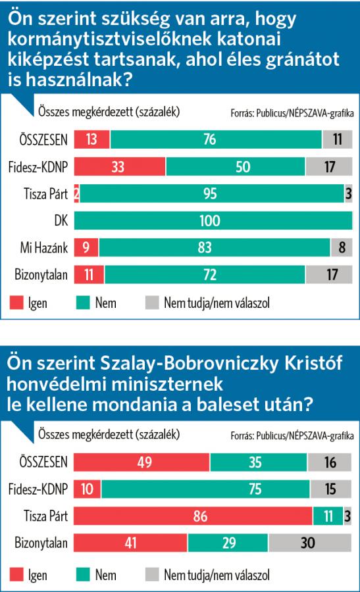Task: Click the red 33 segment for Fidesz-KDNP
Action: (x=120, y=166)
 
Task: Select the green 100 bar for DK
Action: (x=213, y=220)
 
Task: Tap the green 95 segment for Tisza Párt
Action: (x=212, y=193)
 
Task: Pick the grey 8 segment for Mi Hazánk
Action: (x=342, y=247)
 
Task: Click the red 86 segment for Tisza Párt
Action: (x=193, y=516)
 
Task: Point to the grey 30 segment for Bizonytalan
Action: (x=310, y=543)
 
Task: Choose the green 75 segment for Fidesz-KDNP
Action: (x=205, y=489)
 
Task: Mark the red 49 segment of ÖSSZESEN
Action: (x=141, y=462)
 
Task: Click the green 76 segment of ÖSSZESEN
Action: (x=216, y=139)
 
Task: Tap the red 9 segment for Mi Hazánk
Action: (x=86, y=247)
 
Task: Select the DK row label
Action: (x=61, y=220)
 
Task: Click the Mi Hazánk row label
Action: (x=44, y=248)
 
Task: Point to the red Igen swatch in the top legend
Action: (x=16, y=303)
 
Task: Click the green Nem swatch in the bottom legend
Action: (x=83, y=575)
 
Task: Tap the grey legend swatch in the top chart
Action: (x=152, y=303)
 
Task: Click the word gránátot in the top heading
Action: (x=303, y=60)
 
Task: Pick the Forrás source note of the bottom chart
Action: (x=292, y=435)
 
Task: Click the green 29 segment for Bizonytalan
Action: (x=228, y=543)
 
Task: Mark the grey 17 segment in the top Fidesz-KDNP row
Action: (x=329, y=166)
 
